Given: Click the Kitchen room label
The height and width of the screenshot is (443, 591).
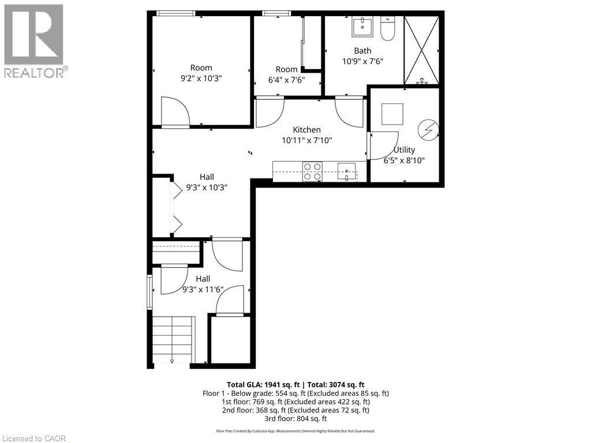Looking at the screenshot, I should click(306, 130).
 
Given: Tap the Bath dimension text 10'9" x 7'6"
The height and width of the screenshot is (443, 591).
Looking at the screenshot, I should click(362, 61).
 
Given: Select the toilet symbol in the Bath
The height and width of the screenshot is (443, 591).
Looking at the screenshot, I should click(387, 29).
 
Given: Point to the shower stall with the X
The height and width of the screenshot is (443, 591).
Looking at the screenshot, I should click(421, 51).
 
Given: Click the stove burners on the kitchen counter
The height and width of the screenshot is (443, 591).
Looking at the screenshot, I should click(313, 172).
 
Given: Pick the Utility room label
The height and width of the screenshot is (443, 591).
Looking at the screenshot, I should click(404, 150).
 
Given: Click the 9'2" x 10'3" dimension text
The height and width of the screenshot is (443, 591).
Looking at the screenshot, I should click(201, 78).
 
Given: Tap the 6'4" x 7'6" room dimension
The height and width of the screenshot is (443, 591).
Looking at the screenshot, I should click(286, 80).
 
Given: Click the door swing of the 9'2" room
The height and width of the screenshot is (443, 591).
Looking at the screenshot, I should click(175, 112).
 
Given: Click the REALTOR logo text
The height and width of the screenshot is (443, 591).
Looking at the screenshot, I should click(35, 73).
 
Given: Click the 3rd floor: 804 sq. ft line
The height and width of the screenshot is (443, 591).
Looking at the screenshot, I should click(295, 419).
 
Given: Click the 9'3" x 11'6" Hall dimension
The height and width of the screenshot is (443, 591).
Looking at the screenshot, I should click(203, 290).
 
